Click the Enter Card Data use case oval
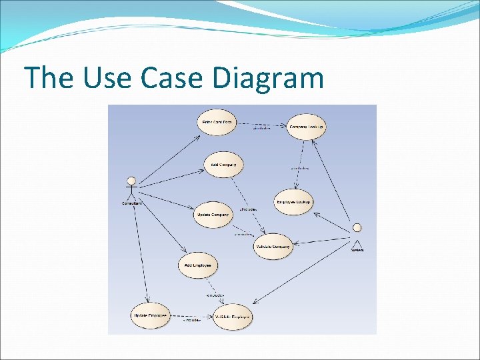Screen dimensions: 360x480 point(218,123)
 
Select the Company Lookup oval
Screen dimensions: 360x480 point(307,127)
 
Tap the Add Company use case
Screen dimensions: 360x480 point(223,165)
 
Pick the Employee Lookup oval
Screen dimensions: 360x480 point(293,203)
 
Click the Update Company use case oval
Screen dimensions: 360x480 point(213,215)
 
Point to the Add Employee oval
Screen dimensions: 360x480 point(198,265)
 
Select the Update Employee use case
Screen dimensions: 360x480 point(150,315)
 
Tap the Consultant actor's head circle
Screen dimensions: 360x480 point(131,181)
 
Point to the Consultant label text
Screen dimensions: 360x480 point(131,203)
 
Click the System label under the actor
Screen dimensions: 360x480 point(357,250)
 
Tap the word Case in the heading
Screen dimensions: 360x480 point(172,79)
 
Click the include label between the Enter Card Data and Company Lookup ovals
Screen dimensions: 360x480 point(261,128)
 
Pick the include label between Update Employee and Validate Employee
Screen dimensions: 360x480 point(192,321)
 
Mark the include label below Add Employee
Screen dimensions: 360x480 point(215,295)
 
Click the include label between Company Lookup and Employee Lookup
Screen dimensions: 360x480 point(299,169)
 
